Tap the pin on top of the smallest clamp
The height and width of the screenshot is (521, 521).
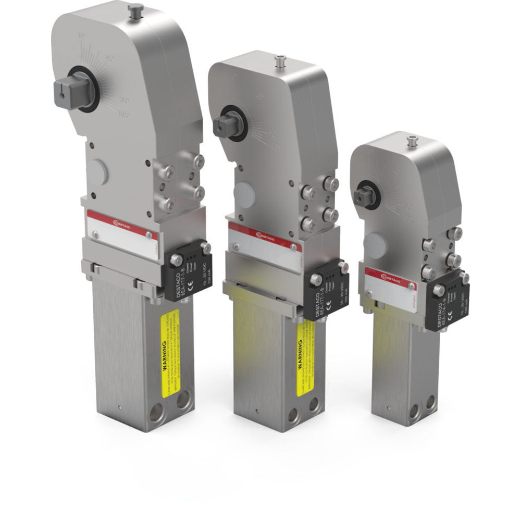pyautogui.click(x=413, y=140)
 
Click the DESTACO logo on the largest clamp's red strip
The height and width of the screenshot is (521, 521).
pyautogui.click(x=123, y=225)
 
